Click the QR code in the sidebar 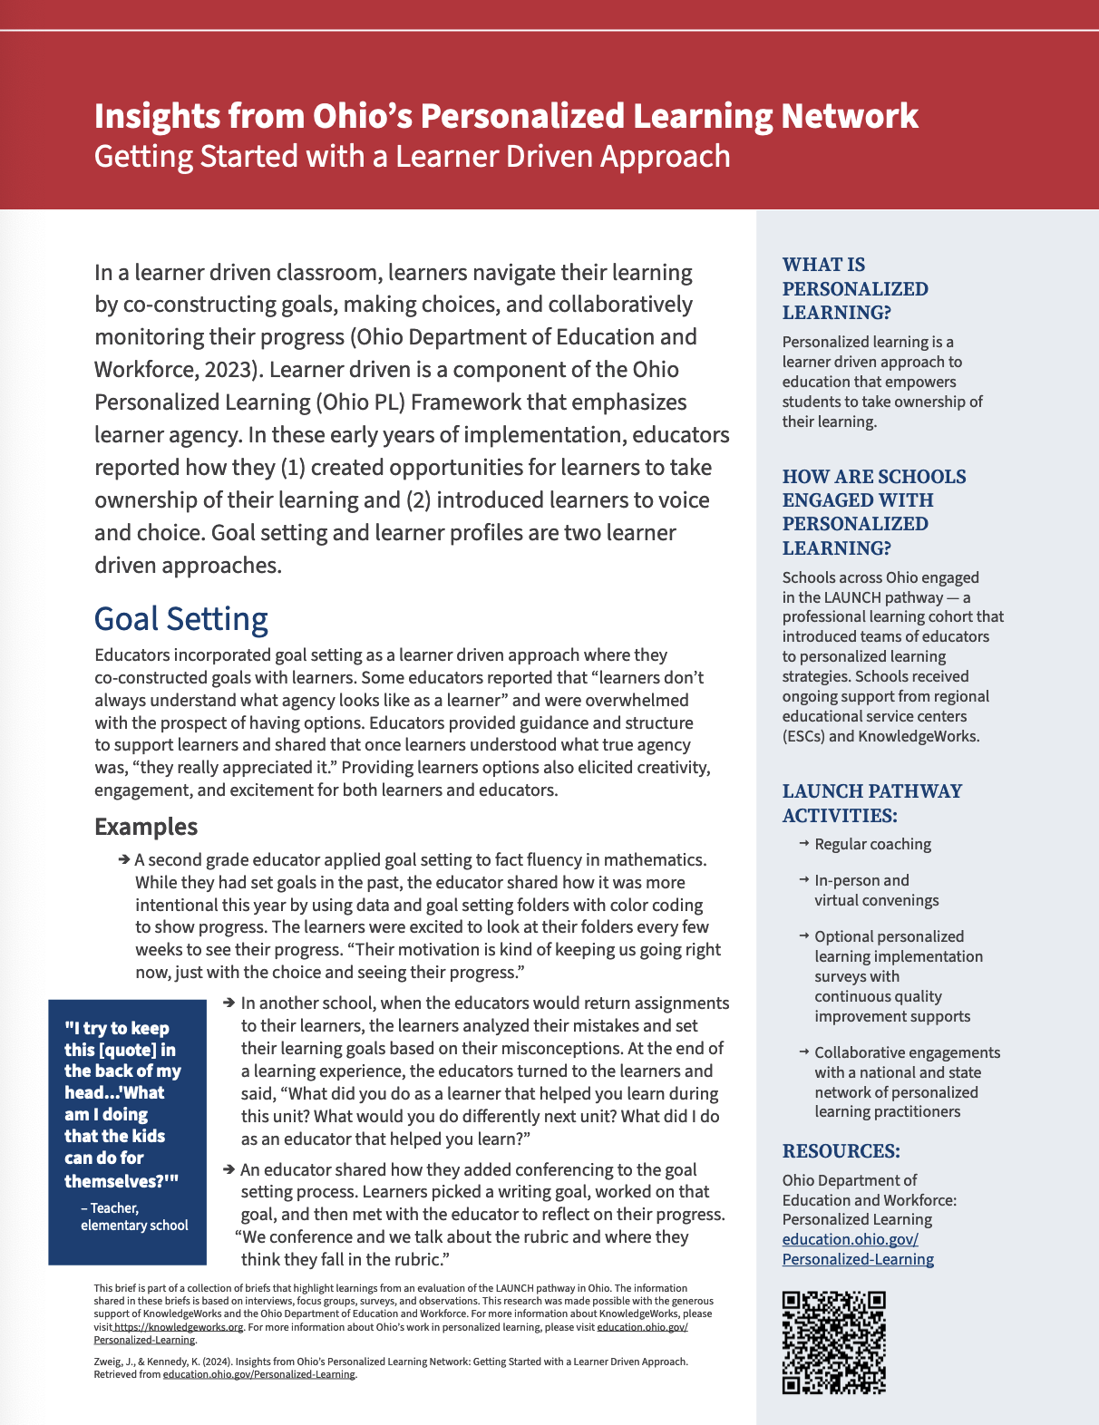pos(833,1343)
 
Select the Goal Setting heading pos(181,619)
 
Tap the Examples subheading pos(146,827)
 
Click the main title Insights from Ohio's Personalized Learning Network pos(506,116)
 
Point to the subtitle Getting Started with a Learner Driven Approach pos(413,157)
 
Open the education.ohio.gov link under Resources pos(858,1249)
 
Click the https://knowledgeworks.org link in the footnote pos(179,1327)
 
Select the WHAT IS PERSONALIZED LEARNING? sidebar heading pos(855,288)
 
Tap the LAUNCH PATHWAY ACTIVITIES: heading pos(871,803)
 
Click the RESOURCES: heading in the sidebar pos(841,1151)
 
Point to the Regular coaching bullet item pos(872,844)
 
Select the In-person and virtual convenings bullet pos(876,890)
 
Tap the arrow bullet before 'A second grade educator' pos(124,859)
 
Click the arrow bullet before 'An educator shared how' pos(229,1169)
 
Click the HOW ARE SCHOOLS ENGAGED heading pos(873,512)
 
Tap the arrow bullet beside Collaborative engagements pos(804,1052)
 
